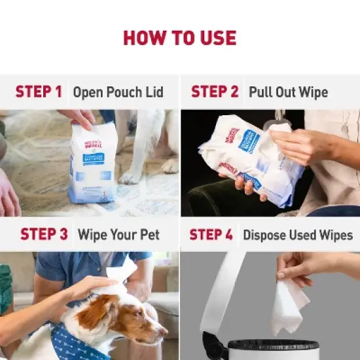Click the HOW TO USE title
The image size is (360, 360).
[x=180, y=37]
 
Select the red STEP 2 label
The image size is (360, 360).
[x=215, y=91]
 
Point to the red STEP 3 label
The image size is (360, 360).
[x=45, y=234]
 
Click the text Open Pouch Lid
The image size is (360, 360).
[x=118, y=92]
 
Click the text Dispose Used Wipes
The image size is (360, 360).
[x=298, y=234]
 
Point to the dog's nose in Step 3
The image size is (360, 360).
[x=164, y=333]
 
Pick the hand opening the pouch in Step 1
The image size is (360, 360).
[x=79, y=118]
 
